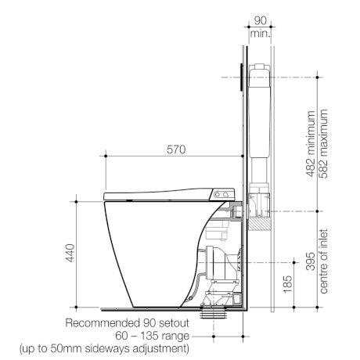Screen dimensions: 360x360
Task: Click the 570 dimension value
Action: [x=176, y=149]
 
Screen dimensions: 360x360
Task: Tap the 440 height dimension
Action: [x=70, y=253]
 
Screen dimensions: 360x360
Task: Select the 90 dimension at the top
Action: [x=260, y=20]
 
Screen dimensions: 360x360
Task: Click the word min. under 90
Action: [x=260, y=34]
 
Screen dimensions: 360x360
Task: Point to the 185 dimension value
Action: [x=287, y=284]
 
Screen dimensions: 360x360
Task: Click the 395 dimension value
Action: [x=311, y=261]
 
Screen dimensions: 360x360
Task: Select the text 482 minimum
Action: [x=311, y=144]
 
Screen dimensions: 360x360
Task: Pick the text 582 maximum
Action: [x=322, y=144]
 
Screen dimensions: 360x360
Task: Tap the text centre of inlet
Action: [x=323, y=261]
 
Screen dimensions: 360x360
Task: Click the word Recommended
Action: [x=103, y=323]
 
